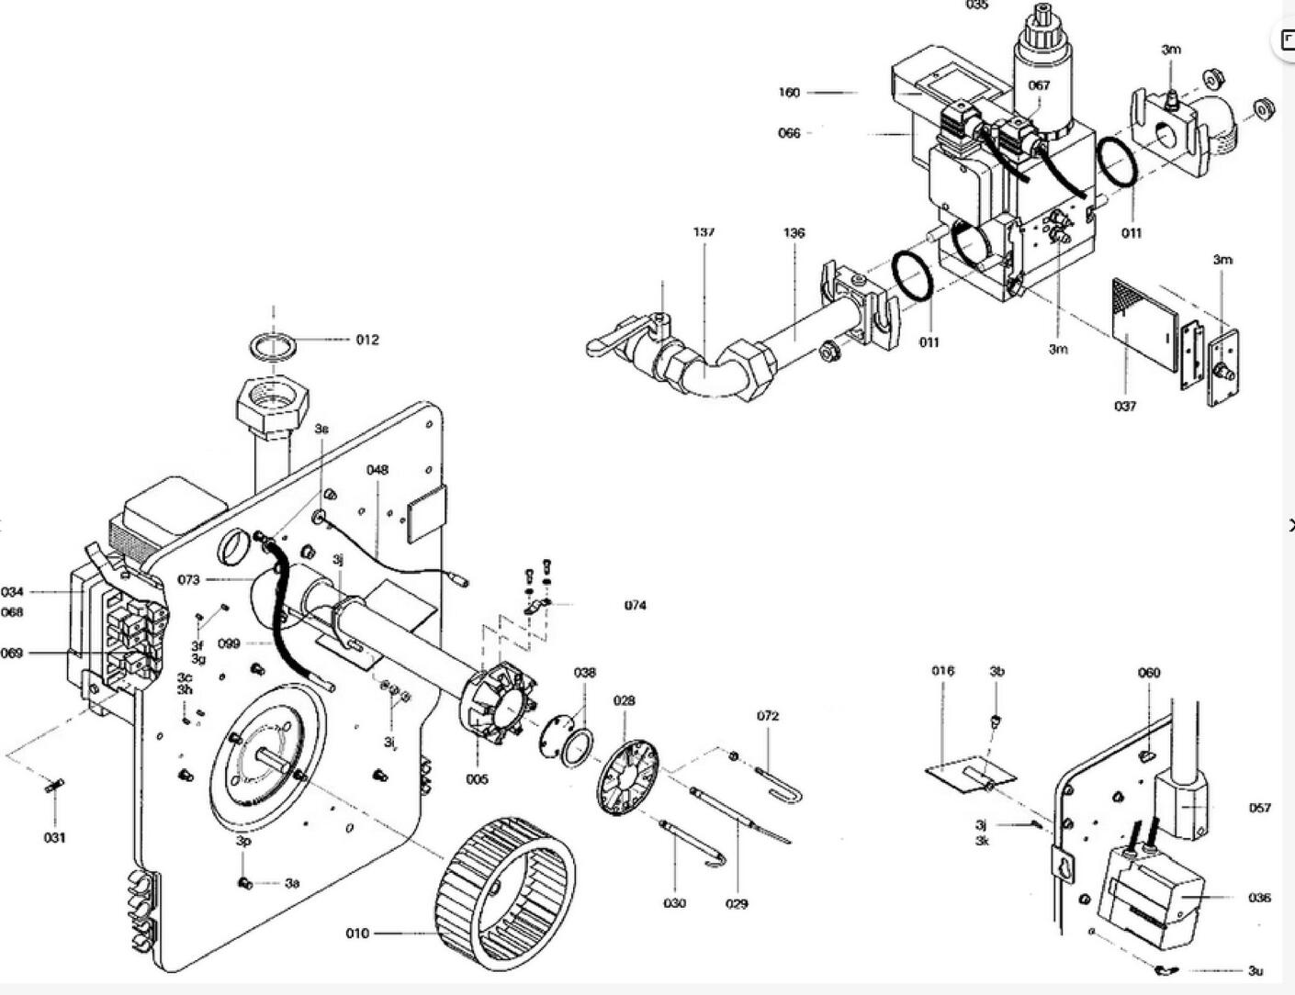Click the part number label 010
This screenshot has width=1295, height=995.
[357, 934]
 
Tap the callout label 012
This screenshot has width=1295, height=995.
[367, 340]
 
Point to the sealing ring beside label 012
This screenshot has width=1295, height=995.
[275, 348]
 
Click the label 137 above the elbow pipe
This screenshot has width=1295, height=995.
[704, 232]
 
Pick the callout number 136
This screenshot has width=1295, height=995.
[794, 233]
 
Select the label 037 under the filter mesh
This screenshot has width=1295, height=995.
[1125, 406]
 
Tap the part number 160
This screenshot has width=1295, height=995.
[789, 93]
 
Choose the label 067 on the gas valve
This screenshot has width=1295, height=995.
[1039, 85]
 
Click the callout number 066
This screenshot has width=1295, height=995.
[789, 133]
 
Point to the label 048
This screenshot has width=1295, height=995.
[377, 470]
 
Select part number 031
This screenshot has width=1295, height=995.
[55, 837]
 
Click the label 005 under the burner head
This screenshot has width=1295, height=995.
[477, 779]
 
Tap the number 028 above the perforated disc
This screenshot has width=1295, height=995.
[624, 700]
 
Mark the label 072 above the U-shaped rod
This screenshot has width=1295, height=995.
[768, 716]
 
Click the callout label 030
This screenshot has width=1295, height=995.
[674, 903]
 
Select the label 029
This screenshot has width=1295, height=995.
[737, 903]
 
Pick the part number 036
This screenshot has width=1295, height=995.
[1259, 898]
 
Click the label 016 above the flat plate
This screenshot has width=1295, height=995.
[942, 671]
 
